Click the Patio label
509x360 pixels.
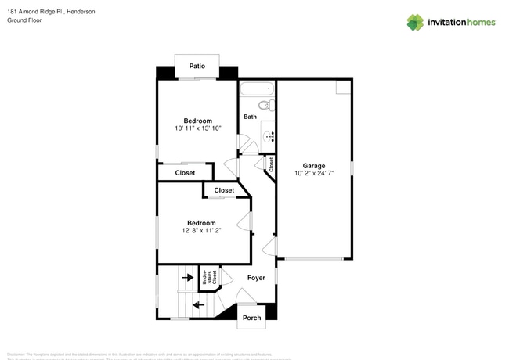197,67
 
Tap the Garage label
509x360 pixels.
313,166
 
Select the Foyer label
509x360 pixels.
256,278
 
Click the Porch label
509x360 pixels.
251,318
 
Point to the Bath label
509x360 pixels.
250,117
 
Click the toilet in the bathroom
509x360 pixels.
265,105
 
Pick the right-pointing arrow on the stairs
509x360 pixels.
187,276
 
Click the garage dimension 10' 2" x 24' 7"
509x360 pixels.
313,174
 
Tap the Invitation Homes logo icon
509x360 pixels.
415,22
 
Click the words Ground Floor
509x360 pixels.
24,20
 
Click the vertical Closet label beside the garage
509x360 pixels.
271,164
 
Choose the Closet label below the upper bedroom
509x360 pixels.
185,173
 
